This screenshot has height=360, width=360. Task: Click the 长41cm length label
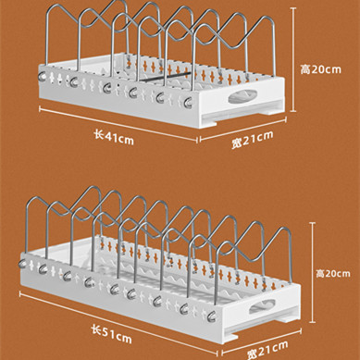[x=114, y=138]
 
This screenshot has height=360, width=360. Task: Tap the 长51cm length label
[x=112, y=334]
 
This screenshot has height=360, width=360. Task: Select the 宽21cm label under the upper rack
[x=253, y=140]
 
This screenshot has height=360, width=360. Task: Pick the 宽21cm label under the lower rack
[x=267, y=350]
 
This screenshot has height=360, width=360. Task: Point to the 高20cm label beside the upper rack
[x=321, y=69]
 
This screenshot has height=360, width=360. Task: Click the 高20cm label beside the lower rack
[x=333, y=274]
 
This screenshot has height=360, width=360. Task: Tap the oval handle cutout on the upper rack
[x=242, y=96]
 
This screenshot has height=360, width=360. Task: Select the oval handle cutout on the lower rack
[x=262, y=306]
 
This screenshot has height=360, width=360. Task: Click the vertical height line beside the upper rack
[x=293, y=60]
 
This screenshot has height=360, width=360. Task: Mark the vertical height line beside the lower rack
[x=313, y=272]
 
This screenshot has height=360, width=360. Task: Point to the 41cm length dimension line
[x=118, y=124]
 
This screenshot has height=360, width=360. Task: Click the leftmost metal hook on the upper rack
[x=43, y=76]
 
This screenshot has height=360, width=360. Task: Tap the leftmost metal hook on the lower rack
[x=22, y=264]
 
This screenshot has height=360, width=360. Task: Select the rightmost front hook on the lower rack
[x=212, y=317]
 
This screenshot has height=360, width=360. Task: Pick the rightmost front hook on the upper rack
[x=188, y=102]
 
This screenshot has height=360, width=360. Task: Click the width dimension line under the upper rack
[x=243, y=129]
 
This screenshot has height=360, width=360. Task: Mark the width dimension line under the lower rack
[x=262, y=341]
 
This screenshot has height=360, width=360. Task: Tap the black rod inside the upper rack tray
[x=167, y=77]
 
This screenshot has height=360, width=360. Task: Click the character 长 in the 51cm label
[x=96, y=329]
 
